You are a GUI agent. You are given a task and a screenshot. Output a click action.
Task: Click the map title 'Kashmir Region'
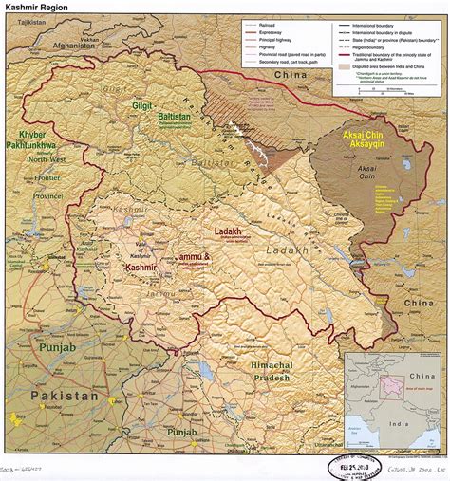pos(37,7)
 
